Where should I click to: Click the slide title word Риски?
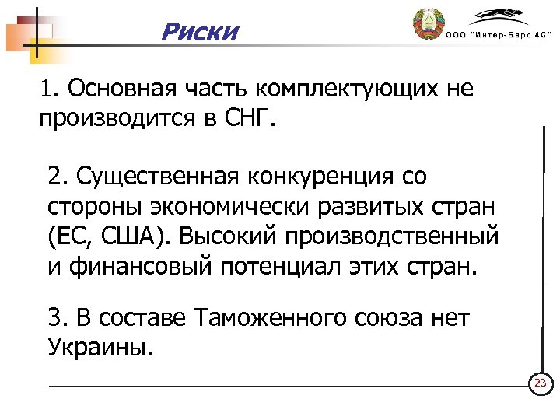(x=199, y=33)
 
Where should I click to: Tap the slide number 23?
(x=540, y=384)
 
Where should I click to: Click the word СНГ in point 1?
(x=250, y=120)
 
